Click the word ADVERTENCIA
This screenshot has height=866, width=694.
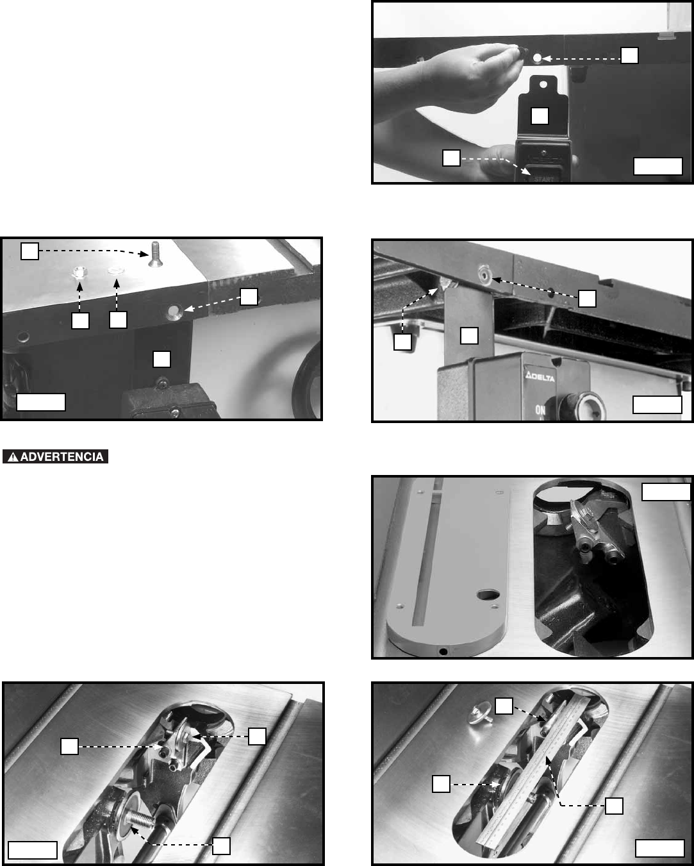62,457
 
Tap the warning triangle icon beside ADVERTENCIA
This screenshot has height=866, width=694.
13,457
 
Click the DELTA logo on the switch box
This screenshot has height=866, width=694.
540,377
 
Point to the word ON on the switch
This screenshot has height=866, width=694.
540,410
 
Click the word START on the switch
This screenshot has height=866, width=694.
544,179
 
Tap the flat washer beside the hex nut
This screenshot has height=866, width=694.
116,270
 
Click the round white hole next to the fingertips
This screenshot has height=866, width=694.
537,58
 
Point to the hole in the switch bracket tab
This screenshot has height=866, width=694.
543,85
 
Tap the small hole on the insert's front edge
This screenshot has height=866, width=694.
443,651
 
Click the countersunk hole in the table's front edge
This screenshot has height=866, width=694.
174,312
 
